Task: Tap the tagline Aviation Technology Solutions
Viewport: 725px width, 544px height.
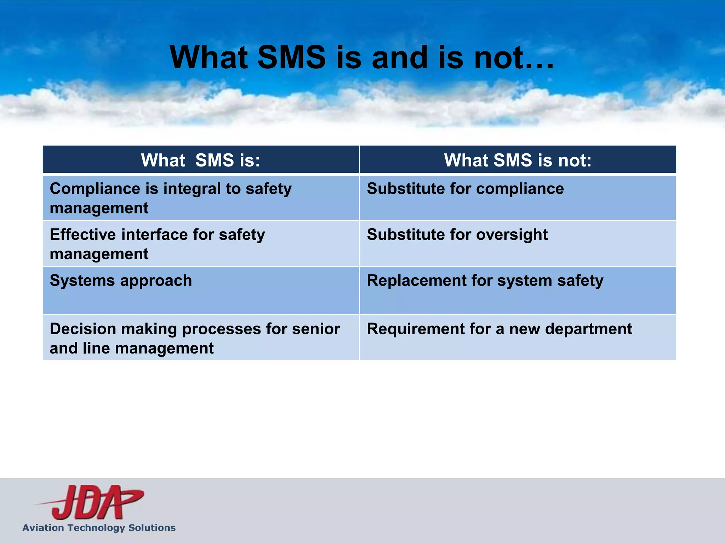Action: (x=99, y=528)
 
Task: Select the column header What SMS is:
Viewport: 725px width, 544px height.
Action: (x=201, y=160)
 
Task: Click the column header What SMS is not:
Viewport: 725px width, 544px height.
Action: (x=518, y=160)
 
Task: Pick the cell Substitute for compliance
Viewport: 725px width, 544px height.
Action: (x=465, y=189)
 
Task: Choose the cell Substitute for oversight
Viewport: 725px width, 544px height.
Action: (x=457, y=235)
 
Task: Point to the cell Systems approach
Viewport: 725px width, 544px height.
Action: (x=121, y=281)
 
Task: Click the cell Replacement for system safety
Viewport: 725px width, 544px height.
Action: (x=485, y=281)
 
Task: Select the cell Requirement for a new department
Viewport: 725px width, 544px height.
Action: (x=499, y=329)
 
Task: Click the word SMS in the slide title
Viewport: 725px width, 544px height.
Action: (x=291, y=58)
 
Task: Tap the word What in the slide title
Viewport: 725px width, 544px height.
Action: (x=209, y=58)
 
